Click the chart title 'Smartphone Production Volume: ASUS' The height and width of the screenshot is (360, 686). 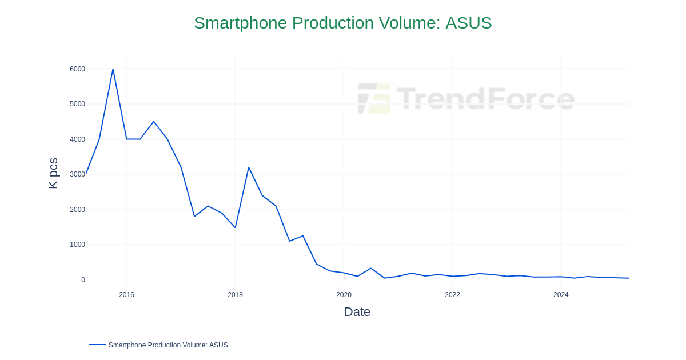pos(342,23)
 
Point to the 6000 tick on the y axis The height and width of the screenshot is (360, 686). pos(77,69)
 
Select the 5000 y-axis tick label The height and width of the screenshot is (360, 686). pos(77,104)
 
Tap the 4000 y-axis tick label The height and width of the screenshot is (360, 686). pos(77,139)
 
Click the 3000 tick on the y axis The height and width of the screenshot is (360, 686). pos(77,174)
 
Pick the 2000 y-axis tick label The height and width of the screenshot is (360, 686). pos(77,210)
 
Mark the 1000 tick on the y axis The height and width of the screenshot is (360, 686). pos(77,245)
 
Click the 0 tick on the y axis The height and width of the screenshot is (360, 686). pos(83,280)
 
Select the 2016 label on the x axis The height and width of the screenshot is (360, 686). pos(126,295)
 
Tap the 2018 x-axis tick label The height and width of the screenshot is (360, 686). pos(235,295)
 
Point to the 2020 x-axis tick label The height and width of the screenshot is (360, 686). pos(344,295)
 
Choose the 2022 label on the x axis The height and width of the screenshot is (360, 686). pos(452,295)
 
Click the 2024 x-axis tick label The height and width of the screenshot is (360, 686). pos(561,295)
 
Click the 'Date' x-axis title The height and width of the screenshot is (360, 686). pos(357,312)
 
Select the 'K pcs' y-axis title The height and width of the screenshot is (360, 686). pos(53,173)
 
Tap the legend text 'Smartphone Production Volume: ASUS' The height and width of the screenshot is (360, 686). pos(168,345)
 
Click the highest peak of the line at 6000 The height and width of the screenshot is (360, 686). pos(113,69)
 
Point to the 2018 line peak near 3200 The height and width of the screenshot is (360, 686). pos(249,167)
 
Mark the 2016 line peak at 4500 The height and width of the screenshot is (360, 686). pos(154,122)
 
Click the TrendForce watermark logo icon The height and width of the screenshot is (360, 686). pos(374,98)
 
